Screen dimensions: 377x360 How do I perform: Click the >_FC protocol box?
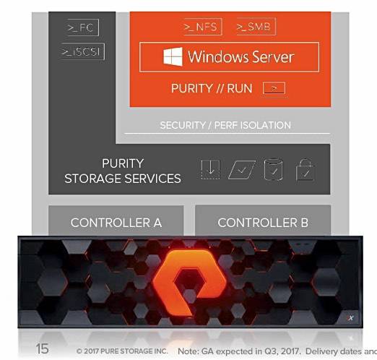pos(82,27)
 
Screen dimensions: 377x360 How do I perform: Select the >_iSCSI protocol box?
pos(82,51)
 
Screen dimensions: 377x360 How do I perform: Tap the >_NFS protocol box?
pos(202,27)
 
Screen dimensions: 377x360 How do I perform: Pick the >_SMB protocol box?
pos(256,27)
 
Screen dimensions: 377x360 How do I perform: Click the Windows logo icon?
pos(173,57)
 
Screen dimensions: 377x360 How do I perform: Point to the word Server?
pos(270,57)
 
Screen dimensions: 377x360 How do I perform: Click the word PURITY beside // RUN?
pos(192,88)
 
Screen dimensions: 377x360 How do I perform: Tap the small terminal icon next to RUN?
pos(274,88)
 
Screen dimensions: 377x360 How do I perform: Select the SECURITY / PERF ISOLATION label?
pos(225,125)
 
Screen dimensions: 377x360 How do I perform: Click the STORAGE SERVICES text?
pos(123,179)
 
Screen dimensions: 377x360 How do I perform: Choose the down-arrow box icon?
pos(210,169)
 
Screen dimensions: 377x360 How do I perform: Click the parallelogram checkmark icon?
pos(241,170)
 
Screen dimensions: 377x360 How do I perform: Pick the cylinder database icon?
pos(273,169)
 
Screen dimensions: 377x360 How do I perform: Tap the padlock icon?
pos(305,170)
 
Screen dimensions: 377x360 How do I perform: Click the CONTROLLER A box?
pos(116,220)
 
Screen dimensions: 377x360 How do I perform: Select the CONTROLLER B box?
pos(263,220)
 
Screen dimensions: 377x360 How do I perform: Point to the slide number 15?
pos(42,348)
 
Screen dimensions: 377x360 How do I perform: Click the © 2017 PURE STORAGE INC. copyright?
pos(122,351)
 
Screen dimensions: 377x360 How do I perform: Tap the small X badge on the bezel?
pos(351,318)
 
